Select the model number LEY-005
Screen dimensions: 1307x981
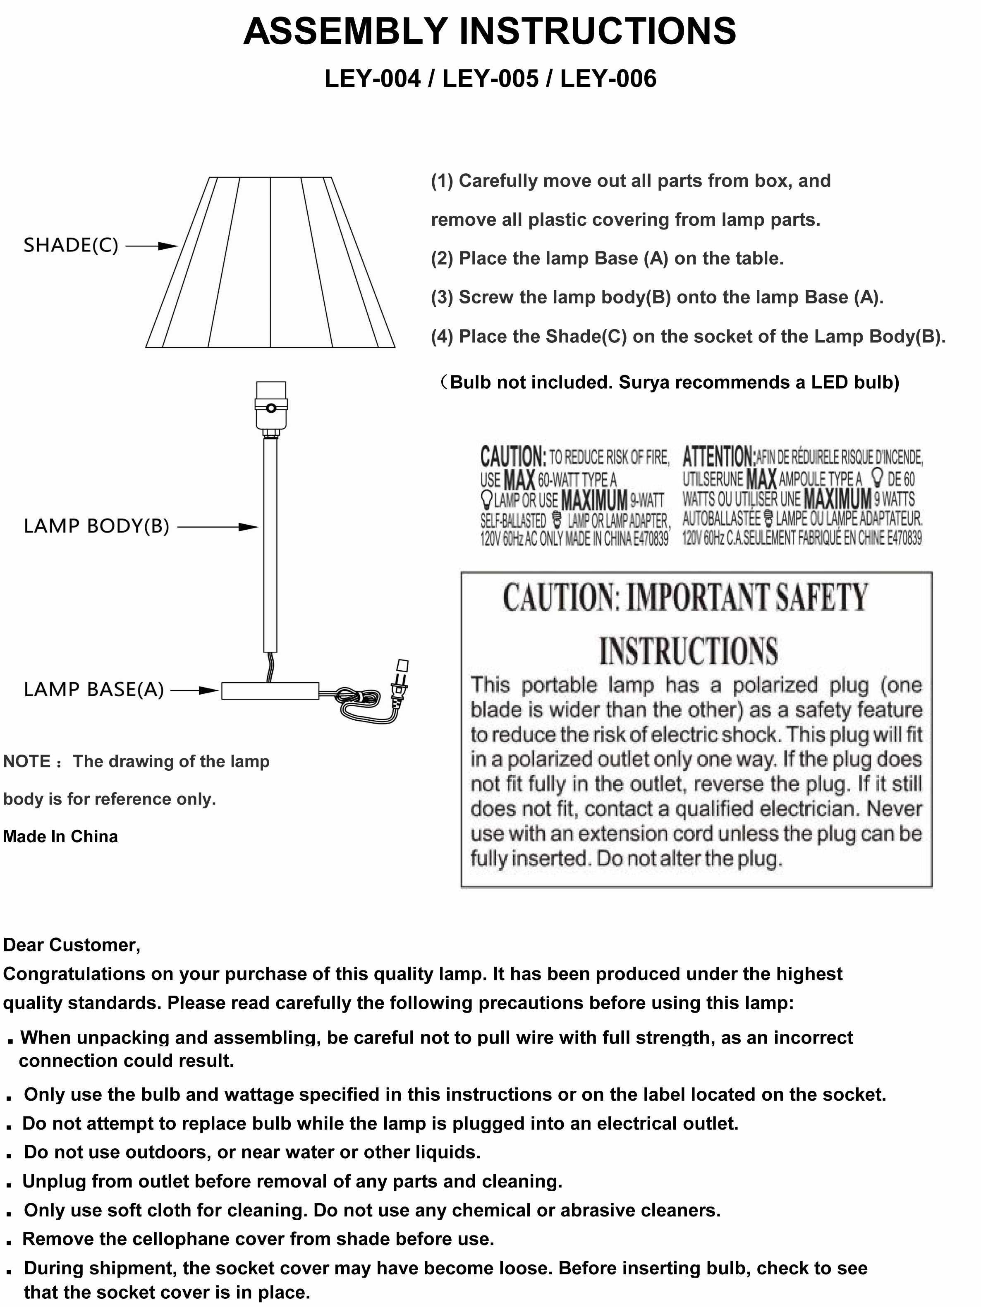[x=490, y=79]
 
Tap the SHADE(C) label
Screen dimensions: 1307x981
[x=71, y=245]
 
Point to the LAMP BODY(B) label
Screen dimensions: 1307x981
[x=96, y=526]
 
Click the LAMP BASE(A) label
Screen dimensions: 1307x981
[x=93, y=690]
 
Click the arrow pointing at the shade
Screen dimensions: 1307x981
[x=152, y=246]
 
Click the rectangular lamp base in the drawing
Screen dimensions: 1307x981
[x=270, y=691]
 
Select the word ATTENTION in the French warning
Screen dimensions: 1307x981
[x=718, y=457]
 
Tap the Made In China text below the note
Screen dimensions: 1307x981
[x=60, y=836]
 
